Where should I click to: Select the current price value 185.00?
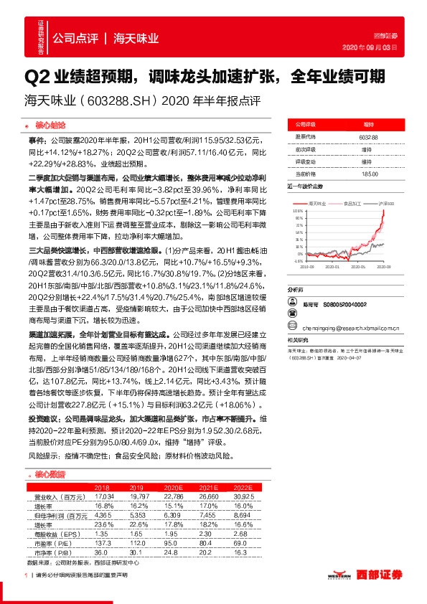click(370, 174)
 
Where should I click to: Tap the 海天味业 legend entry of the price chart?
click(315, 204)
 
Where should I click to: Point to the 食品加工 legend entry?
click(349, 204)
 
